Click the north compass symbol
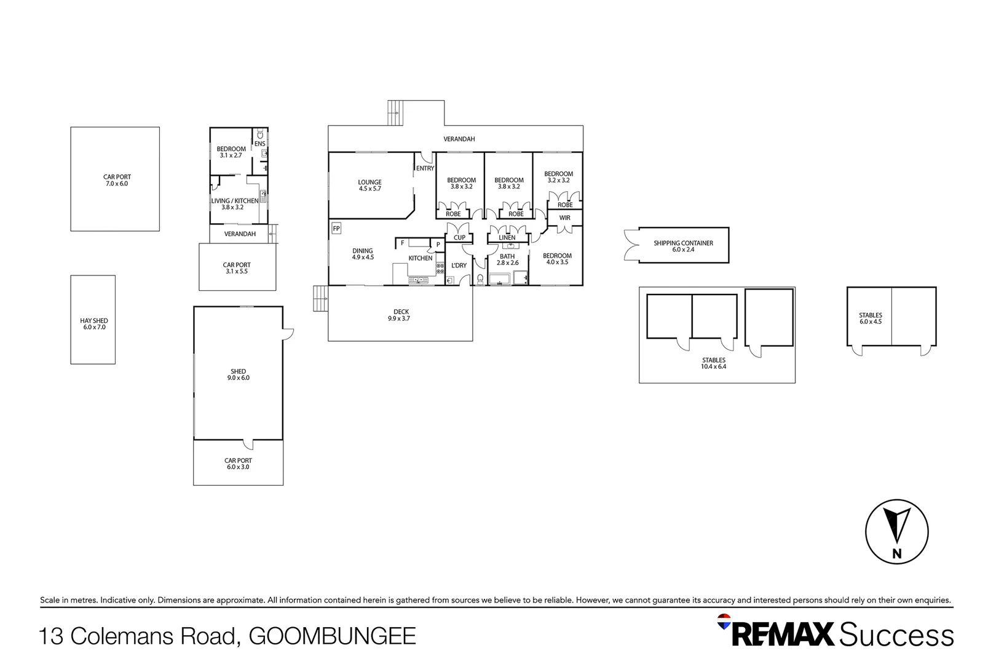(x=896, y=532)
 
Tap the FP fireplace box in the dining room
(x=336, y=229)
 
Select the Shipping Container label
(x=683, y=246)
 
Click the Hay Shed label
(x=94, y=324)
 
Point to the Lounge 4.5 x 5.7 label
(x=370, y=185)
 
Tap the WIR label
(x=564, y=218)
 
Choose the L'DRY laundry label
(x=459, y=266)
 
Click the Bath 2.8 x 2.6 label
(x=507, y=259)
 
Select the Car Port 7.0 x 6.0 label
(x=117, y=180)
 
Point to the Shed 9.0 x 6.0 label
(x=239, y=374)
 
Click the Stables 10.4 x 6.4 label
(x=714, y=363)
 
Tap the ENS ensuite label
(x=260, y=144)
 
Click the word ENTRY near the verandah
(x=425, y=168)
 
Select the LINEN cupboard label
(x=507, y=237)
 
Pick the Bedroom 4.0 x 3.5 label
(x=557, y=259)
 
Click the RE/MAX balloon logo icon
(x=724, y=622)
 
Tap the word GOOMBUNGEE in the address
(x=332, y=636)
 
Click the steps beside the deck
(x=320, y=299)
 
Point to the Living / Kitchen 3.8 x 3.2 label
(x=234, y=204)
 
